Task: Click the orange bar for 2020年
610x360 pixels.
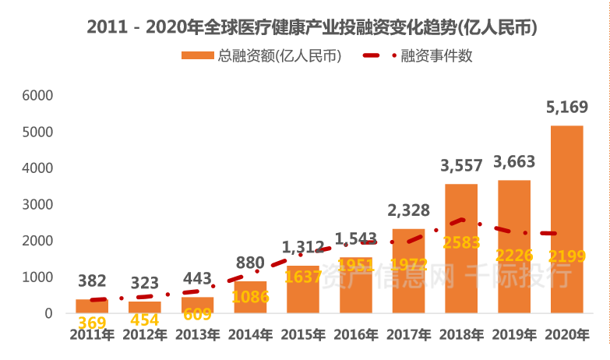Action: click(x=566, y=219)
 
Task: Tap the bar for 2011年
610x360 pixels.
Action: click(x=92, y=305)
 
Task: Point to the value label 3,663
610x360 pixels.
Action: click(x=513, y=163)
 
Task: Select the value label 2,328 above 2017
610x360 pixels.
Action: click(x=408, y=211)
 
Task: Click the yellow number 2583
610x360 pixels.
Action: click(x=461, y=242)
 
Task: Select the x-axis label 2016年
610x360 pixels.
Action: click(x=355, y=335)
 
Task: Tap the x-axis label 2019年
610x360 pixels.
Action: click(x=513, y=335)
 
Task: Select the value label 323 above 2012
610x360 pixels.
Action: click(x=144, y=282)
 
